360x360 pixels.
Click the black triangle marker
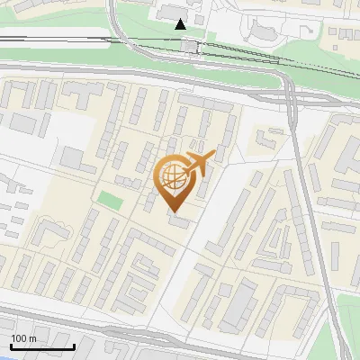coord(182,23)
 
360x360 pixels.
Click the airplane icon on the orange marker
coord(198,162)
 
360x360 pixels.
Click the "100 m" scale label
coord(23,337)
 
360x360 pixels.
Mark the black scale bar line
coord(41,346)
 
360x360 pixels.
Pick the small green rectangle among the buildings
coord(109,200)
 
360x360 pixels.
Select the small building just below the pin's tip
coord(177,221)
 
